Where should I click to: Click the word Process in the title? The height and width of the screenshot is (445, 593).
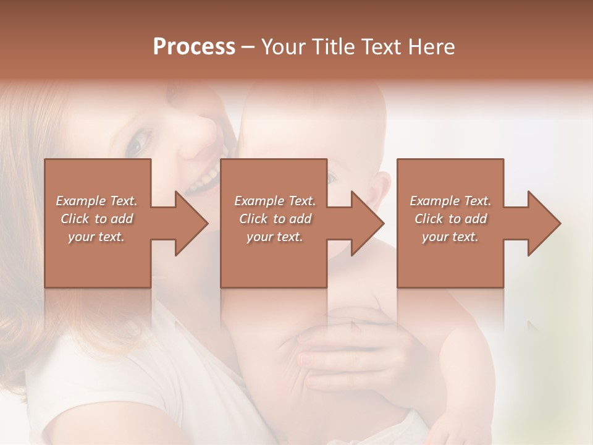click(x=194, y=47)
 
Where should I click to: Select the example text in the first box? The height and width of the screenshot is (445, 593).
click(x=97, y=219)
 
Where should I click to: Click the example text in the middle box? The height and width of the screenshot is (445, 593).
click(x=275, y=219)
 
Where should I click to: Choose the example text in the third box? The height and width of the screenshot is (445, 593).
click(x=450, y=219)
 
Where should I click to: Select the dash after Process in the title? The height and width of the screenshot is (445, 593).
click(x=248, y=47)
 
